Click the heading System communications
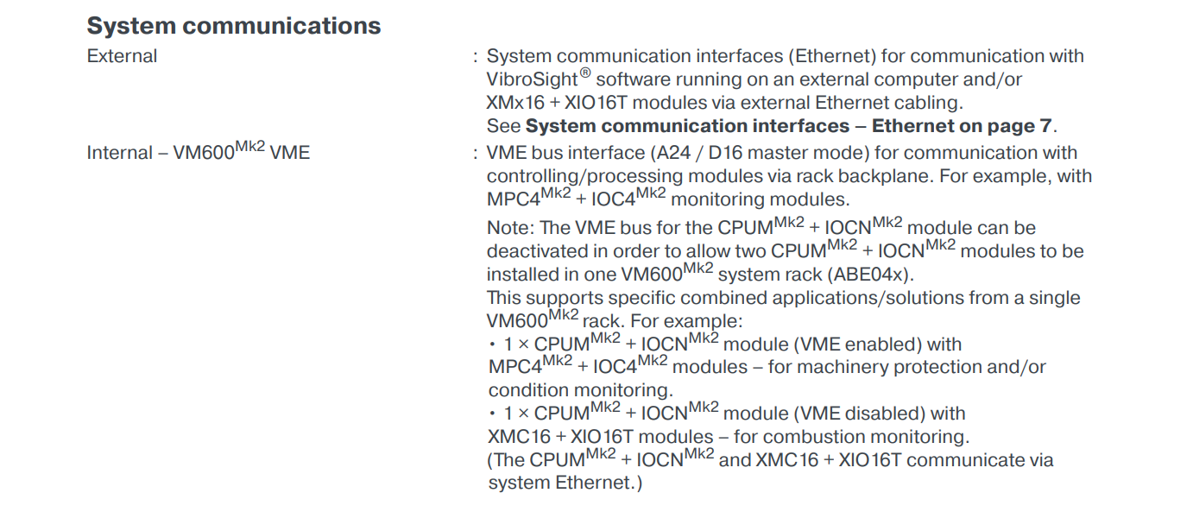(233, 26)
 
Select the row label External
(122, 57)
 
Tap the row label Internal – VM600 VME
(198, 153)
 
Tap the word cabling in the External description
(930, 103)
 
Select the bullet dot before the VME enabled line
(492, 345)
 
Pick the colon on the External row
(476, 58)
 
